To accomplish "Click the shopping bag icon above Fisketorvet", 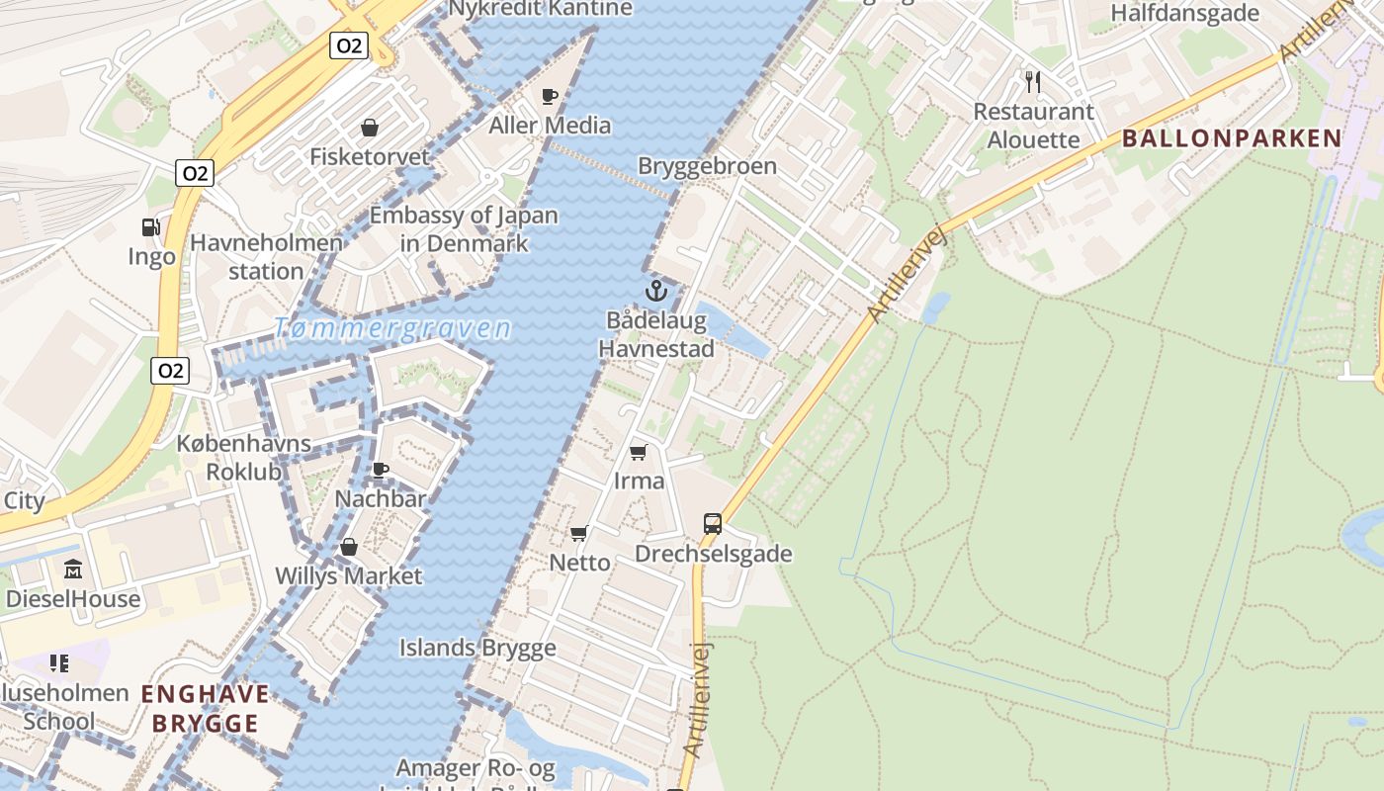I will pyautogui.click(x=370, y=128).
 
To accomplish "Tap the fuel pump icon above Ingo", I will pyautogui.click(x=150, y=227).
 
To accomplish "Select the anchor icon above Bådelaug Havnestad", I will pyautogui.click(x=655, y=291).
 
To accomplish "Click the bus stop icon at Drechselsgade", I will pyautogui.click(x=713, y=524).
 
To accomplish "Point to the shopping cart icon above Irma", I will pyautogui.click(x=639, y=452).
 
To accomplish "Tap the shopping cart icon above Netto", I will pyautogui.click(x=579, y=533).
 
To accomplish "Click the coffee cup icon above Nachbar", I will pyautogui.click(x=381, y=470).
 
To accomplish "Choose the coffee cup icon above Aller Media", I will pyautogui.click(x=550, y=96).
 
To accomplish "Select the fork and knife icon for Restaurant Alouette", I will pyautogui.click(x=1033, y=81).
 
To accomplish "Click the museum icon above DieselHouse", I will pyautogui.click(x=73, y=570).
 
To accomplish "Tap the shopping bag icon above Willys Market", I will pyautogui.click(x=348, y=547).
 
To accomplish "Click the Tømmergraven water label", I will pyautogui.click(x=392, y=328).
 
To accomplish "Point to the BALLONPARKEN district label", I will pyautogui.click(x=1232, y=138).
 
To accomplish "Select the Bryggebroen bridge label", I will pyautogui.click(x=707, y=165).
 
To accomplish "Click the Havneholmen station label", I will pyautogui.click(x=266, y=257).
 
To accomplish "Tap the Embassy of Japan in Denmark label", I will pyautogui.click(x=464, y=228).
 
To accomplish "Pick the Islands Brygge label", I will pyautogui.click(x=477, y=649).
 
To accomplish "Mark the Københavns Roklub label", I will pyautogui.click(x=243, y=458).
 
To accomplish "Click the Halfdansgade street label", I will pyautogui.click(x=1184, y=13).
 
